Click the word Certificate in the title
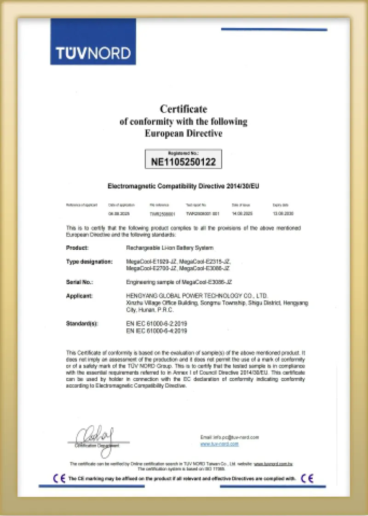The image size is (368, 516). pos(183,109)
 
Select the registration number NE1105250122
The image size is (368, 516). pos(184,162)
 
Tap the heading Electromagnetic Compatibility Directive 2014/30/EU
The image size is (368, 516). pos(186,186)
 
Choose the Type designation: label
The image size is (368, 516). pos(89,261)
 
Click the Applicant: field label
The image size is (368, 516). pos(80,295)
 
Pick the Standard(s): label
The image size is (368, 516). pos(82,324)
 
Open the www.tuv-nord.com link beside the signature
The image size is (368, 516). pos(219,444)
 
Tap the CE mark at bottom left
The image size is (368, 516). pos(59,478)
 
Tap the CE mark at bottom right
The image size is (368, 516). pos(307,478)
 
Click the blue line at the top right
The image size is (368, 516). pos(274,29)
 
